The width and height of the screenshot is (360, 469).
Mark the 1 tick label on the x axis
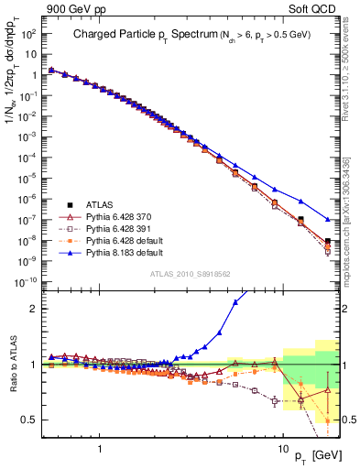click(x=99, y=451)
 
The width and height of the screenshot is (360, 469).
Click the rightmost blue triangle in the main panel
click(x=328, y=219)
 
